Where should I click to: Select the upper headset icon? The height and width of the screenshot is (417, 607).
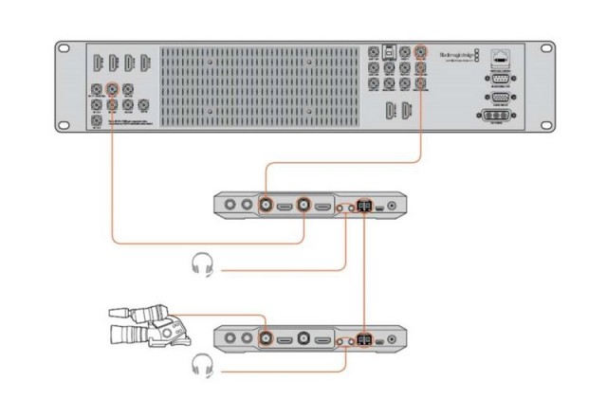[200, 265]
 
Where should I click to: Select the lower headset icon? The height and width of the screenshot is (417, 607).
[200, 364]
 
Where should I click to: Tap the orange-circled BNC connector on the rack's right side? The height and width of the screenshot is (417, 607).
[421, 53]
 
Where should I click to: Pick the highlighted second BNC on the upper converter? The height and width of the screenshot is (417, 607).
[303, 203]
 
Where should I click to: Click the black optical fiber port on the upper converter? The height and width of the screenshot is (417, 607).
[364, 203]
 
